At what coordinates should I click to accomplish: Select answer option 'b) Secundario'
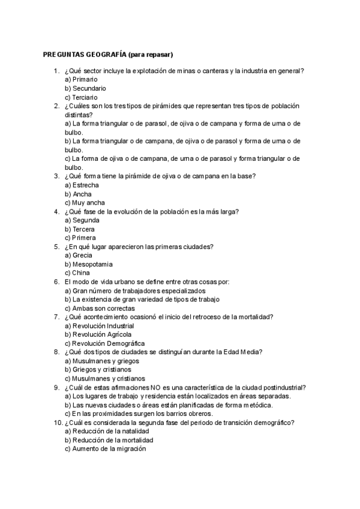85,88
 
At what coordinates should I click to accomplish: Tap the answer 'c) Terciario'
81,97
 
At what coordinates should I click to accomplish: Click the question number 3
56,176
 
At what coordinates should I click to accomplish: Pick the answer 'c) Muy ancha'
85,203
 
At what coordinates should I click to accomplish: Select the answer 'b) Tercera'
79,229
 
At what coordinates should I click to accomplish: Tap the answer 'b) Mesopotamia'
89,264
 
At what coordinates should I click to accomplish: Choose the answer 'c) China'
77,273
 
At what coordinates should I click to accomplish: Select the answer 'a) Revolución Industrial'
99,326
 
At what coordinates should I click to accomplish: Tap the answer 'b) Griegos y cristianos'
98,370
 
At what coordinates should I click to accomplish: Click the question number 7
56,317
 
